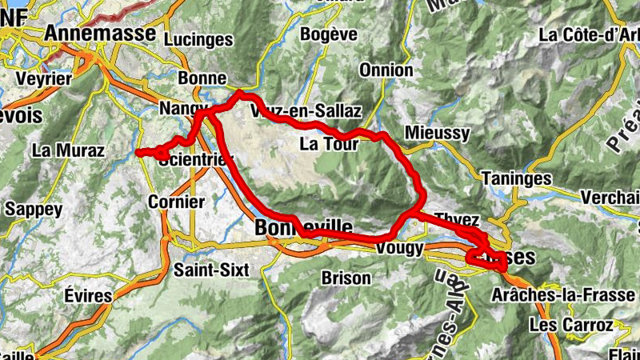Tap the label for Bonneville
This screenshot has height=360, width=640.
point(303,228)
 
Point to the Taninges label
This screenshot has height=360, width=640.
point(518,179)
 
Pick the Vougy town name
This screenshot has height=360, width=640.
point(398,249)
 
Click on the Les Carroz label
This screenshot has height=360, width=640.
point(571,326)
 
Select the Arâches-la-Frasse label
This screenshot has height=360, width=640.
point(575,295)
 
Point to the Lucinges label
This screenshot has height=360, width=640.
point(198,39)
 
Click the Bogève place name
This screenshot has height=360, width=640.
point(329,34)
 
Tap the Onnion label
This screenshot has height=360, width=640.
point(386,70)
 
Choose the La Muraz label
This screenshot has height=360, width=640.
point(68,150)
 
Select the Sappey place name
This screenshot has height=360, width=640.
point(33,209)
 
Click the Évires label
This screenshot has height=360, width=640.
point(86,295)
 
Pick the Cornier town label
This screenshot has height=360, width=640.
point(176,202)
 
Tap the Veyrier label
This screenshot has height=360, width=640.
point(44,79)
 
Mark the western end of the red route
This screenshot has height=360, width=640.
point(138,151)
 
